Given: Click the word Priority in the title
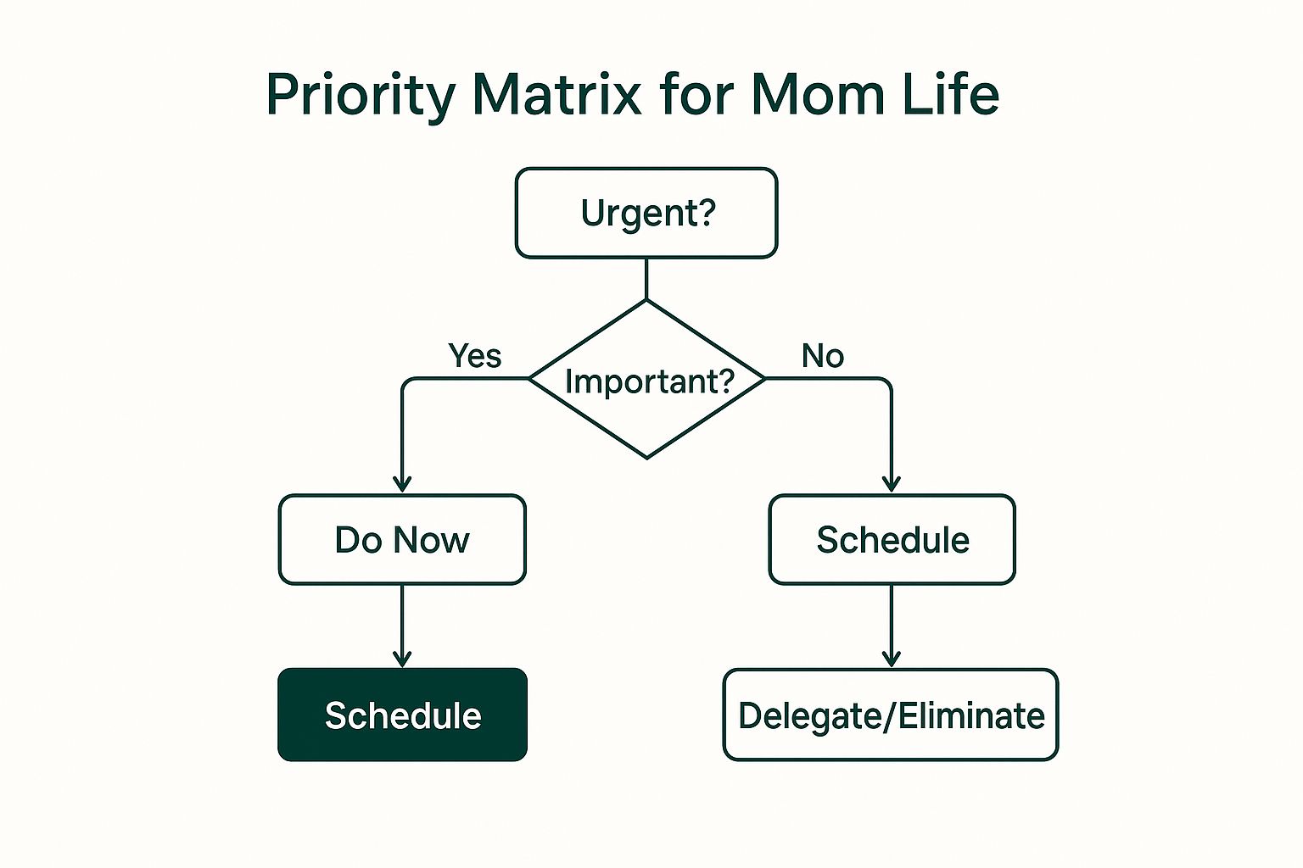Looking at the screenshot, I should click(x=361, y=94).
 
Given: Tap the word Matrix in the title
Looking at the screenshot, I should click(x=556, y=94).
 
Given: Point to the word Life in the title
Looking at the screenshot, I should click(x=949, y=94).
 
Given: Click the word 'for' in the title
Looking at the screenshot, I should click(x=695, y=94).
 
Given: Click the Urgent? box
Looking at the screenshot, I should click(x=646, y=213).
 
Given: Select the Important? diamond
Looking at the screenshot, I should click(x=647, y=381).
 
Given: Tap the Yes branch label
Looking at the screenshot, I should click(x=474, y=356).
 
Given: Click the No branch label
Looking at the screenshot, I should click(x=822, y=356).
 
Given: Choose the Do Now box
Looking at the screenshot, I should click(x=402, y=540).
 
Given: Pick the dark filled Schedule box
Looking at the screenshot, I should click(x=402, y=715).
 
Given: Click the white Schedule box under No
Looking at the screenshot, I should click(x=892, y=540).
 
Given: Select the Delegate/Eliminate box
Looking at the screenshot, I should click(x=890, y=715).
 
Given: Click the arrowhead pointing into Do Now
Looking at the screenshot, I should click(x=402, y=484).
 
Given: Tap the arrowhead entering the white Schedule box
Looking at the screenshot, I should click(x=891, y=484).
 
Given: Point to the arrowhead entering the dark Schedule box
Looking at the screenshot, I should click(x=402, y=659).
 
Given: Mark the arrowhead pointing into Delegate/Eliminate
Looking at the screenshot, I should click(x=891, y=659).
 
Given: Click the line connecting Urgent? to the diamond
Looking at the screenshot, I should click(x=646, y=279).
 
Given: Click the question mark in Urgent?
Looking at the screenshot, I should click(x=707, y=212).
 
